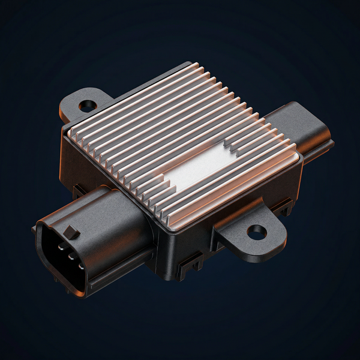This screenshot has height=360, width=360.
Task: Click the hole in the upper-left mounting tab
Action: (88, 106)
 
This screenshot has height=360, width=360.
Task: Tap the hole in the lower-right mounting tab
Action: (257, 231)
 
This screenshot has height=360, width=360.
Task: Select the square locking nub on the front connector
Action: (71, 232)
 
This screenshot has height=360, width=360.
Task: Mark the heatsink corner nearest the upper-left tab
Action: (71, 133)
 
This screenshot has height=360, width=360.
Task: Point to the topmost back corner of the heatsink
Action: (193, 64)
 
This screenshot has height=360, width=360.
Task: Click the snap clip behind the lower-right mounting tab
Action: (282, 207)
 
